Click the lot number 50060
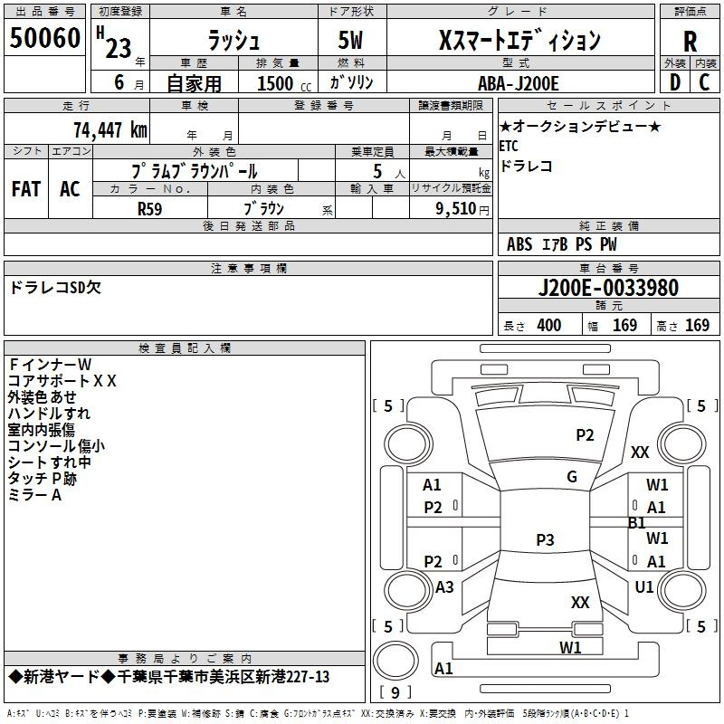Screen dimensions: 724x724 (44, 38)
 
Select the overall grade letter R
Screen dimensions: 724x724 (690, 42)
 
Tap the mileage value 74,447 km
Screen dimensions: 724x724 (110, 129)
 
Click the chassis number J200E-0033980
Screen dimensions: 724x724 (608, 288)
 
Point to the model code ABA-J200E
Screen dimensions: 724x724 (518, 83)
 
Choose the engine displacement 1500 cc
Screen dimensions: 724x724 (284, 83)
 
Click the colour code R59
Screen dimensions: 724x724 (149, 209)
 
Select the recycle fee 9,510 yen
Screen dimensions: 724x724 (462, 209)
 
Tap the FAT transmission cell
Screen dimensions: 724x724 (26, 189)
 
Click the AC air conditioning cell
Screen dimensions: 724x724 (71, 189)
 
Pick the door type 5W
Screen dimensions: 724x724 (350, 40)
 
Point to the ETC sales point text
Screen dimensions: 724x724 (509, 147)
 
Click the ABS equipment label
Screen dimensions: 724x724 (519, 244)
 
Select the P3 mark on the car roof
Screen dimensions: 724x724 (545, 539)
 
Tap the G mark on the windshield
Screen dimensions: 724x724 (572, 477)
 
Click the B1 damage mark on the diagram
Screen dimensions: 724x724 (637, 523)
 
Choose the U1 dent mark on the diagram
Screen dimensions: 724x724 (644, 586)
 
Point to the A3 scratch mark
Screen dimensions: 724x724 (444, 586)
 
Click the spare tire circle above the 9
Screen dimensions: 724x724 (395, 661)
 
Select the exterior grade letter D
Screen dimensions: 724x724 (675, 82)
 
